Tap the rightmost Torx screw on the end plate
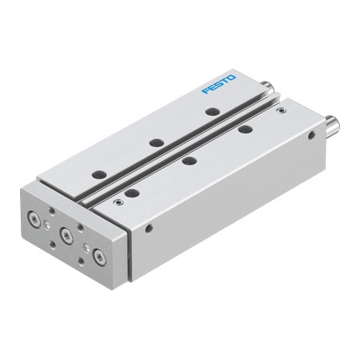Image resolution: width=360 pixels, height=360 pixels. coord(98,257)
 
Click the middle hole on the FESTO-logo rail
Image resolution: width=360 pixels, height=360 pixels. coord(158,142)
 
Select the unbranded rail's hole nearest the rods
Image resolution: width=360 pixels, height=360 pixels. coord(245,128)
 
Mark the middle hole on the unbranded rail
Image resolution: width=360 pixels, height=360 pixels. coord(189,160)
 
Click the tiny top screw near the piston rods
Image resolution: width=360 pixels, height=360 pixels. coord(279,110)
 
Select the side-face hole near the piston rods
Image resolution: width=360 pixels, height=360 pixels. coord(313,137)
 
